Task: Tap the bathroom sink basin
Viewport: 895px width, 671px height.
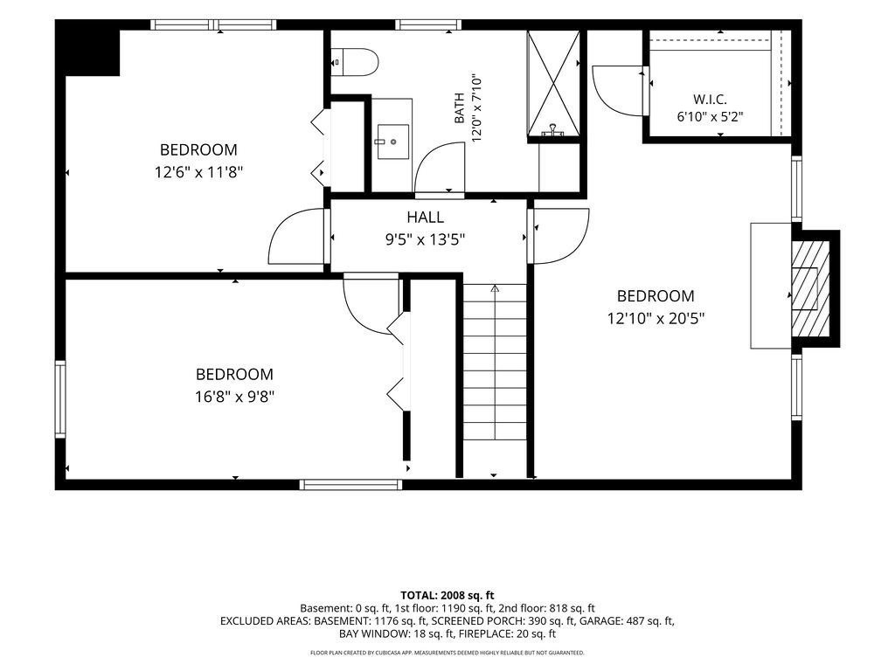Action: [392, 142]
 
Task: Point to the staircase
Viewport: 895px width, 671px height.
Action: [495, 362]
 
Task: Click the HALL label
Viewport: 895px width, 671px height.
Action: [426, 217]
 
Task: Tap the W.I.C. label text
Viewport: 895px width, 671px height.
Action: [710, 100]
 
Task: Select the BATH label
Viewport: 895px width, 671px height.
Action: [460, 108]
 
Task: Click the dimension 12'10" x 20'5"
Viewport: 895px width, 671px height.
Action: [656, 318]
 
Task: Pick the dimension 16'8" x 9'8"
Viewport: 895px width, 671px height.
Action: [234, 396]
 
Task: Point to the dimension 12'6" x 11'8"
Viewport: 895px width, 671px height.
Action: [198, 172]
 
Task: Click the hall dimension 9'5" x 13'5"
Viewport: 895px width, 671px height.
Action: [426, 239]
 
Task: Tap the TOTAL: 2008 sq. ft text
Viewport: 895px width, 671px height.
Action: [447, 596]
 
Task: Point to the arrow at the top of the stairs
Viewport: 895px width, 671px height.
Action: [495, 288]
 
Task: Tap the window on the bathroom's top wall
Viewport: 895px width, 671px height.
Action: [427, 24]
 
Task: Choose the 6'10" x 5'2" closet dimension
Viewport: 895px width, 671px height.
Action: [710, 117]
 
